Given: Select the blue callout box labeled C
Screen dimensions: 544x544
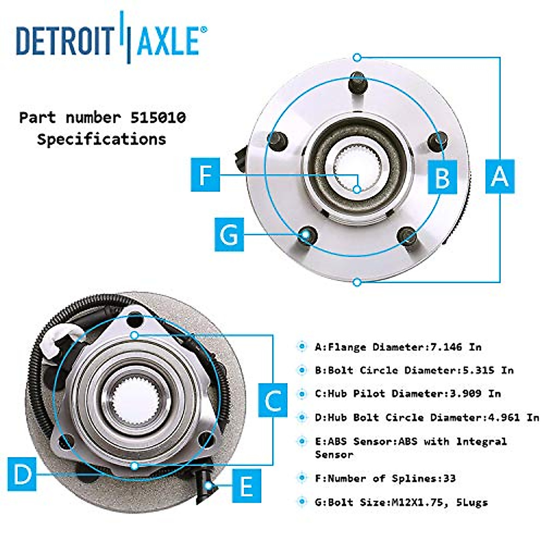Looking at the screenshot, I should coord(272,400).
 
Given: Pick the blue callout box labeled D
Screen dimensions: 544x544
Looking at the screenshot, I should coord(22,474).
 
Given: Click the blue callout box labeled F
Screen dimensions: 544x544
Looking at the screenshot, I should coord(205,175).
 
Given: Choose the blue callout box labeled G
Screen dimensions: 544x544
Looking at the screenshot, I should coord(229,234).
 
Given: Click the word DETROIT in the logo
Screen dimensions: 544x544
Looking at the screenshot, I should coord(65,41).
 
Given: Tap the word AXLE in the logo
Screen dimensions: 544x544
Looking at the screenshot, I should coord(167,41).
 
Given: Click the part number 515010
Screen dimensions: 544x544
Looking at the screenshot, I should coord(158,118).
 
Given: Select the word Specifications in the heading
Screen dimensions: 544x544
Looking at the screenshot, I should coord(102,139).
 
